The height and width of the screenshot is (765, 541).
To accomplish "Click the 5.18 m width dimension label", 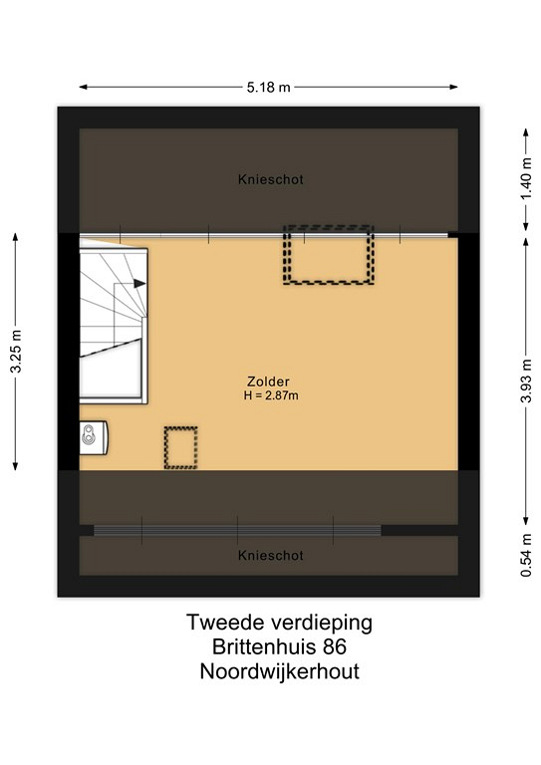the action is [x=268, y=88].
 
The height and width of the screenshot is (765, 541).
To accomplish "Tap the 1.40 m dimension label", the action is [x=526, y=179].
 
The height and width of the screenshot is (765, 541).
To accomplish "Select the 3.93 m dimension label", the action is [x=526, y=382].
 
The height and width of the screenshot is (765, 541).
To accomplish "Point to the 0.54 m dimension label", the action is [x=526, y=555].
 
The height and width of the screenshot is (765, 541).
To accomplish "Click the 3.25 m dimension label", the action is [x=16, y=352].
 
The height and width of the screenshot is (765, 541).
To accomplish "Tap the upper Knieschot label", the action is [x=271, y=179].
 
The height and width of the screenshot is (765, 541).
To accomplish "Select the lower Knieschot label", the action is [x=271, y=555].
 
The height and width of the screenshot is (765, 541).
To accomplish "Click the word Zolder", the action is [x=268, y=382].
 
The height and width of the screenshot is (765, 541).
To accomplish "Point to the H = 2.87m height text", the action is [x=271, y=395].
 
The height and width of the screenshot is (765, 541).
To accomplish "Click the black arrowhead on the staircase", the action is [x=140, y=283].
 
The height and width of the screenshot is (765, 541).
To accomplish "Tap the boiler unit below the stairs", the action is [x=94, y=437].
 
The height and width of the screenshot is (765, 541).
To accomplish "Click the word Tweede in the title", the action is [x=225, y=623].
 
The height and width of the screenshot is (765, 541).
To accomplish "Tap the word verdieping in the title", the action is [x=322, y=624].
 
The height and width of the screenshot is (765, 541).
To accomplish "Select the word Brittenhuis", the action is [x=264, y=647].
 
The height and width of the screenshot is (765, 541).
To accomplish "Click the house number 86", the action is [x=334, y=647].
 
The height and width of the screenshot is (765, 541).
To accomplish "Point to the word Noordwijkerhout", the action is [x=280, y=671].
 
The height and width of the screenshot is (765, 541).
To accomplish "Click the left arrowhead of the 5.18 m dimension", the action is [x=84, y=88].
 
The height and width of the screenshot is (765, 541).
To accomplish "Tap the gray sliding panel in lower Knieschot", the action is [x=237, y=530].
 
